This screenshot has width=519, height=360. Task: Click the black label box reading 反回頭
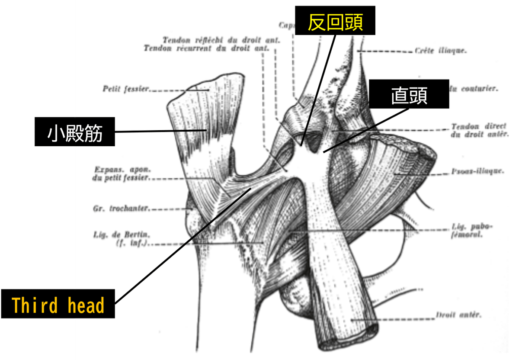tap(335, 20)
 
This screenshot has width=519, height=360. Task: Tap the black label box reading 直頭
tap(409, 94)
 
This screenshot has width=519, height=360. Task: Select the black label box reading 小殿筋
tap(74, 132)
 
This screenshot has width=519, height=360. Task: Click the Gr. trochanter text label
tap(122, 209)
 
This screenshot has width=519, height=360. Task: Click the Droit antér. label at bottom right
tap(458, 315)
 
